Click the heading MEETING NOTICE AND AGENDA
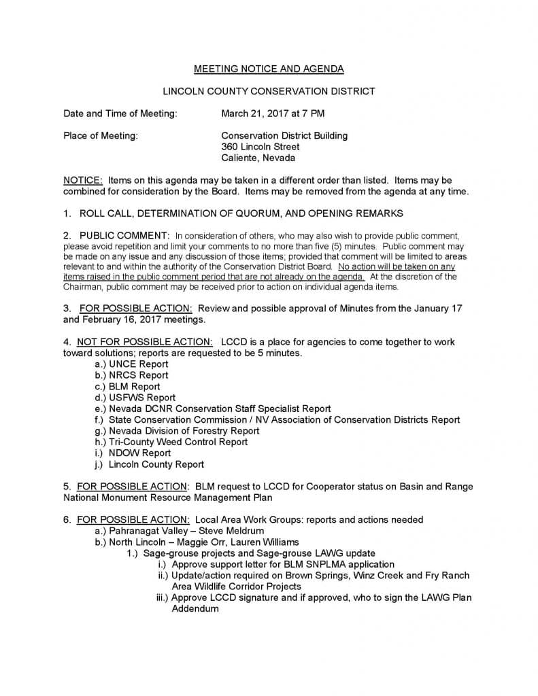(x=269, y=69)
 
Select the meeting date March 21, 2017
(x=252, y=113)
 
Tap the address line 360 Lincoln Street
(x=260, y=147)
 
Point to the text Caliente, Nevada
(x=258, y=158)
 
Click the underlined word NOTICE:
(x=83, y=180)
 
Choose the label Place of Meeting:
(x=101, y=135)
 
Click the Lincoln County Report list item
(x=156, y=464)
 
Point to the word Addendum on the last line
(x=195, y=609)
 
